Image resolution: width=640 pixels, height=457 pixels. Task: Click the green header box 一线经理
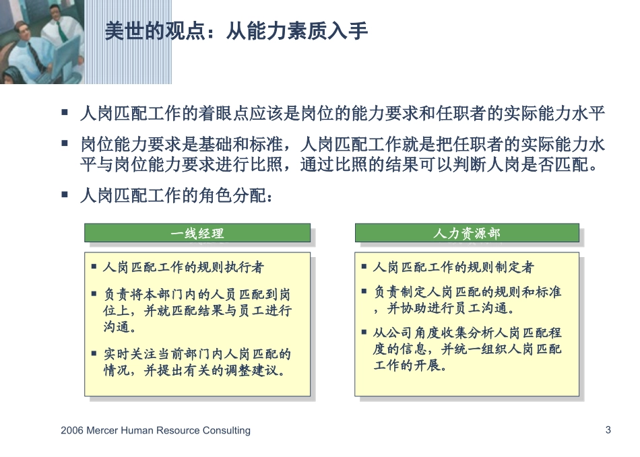pyautogui.click(x=197, y=234)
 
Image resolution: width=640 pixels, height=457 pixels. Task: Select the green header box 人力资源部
pyautogui.click(x=466, y=234)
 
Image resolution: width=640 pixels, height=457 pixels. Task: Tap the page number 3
pyautogui.click(x=608, y=429)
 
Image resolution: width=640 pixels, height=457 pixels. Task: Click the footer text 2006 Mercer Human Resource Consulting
pyautogui.click(x=155, y=430)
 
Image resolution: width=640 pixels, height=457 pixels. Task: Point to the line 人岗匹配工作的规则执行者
pyautogui.click(x=183, y=268)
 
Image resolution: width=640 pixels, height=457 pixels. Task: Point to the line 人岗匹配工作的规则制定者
pyautogui.click(x=453, y=268)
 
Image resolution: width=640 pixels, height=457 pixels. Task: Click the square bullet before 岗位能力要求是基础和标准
pyautogui.click(x=65, y=143)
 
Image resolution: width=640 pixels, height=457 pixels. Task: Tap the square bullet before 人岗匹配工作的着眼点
pyautogui.click(x=65, y=112)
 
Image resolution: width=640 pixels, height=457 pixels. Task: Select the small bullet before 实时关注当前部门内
pyautogui.click(x=94, y=351)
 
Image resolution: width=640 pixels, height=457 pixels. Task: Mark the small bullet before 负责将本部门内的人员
pyautogui.click(x=94, y=293)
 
